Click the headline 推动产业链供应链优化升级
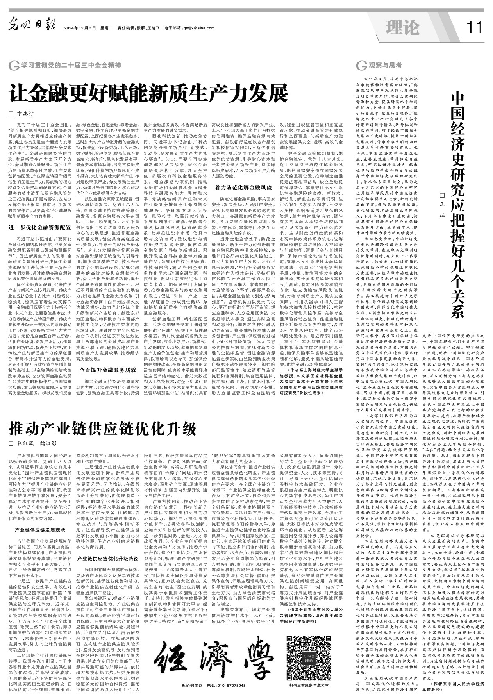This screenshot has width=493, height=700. coord(103,429)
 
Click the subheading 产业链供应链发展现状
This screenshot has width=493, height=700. coord(40,530)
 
